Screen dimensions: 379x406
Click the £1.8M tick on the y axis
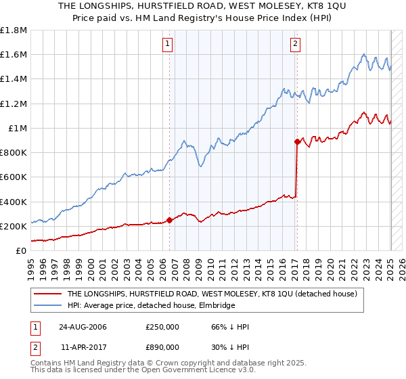14,30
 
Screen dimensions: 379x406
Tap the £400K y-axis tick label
14,202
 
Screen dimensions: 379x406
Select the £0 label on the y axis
22,251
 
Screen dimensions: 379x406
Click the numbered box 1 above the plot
167,45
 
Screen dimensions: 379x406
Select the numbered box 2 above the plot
296,45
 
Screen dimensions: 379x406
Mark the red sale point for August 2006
170,220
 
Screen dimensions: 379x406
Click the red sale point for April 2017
297,141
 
